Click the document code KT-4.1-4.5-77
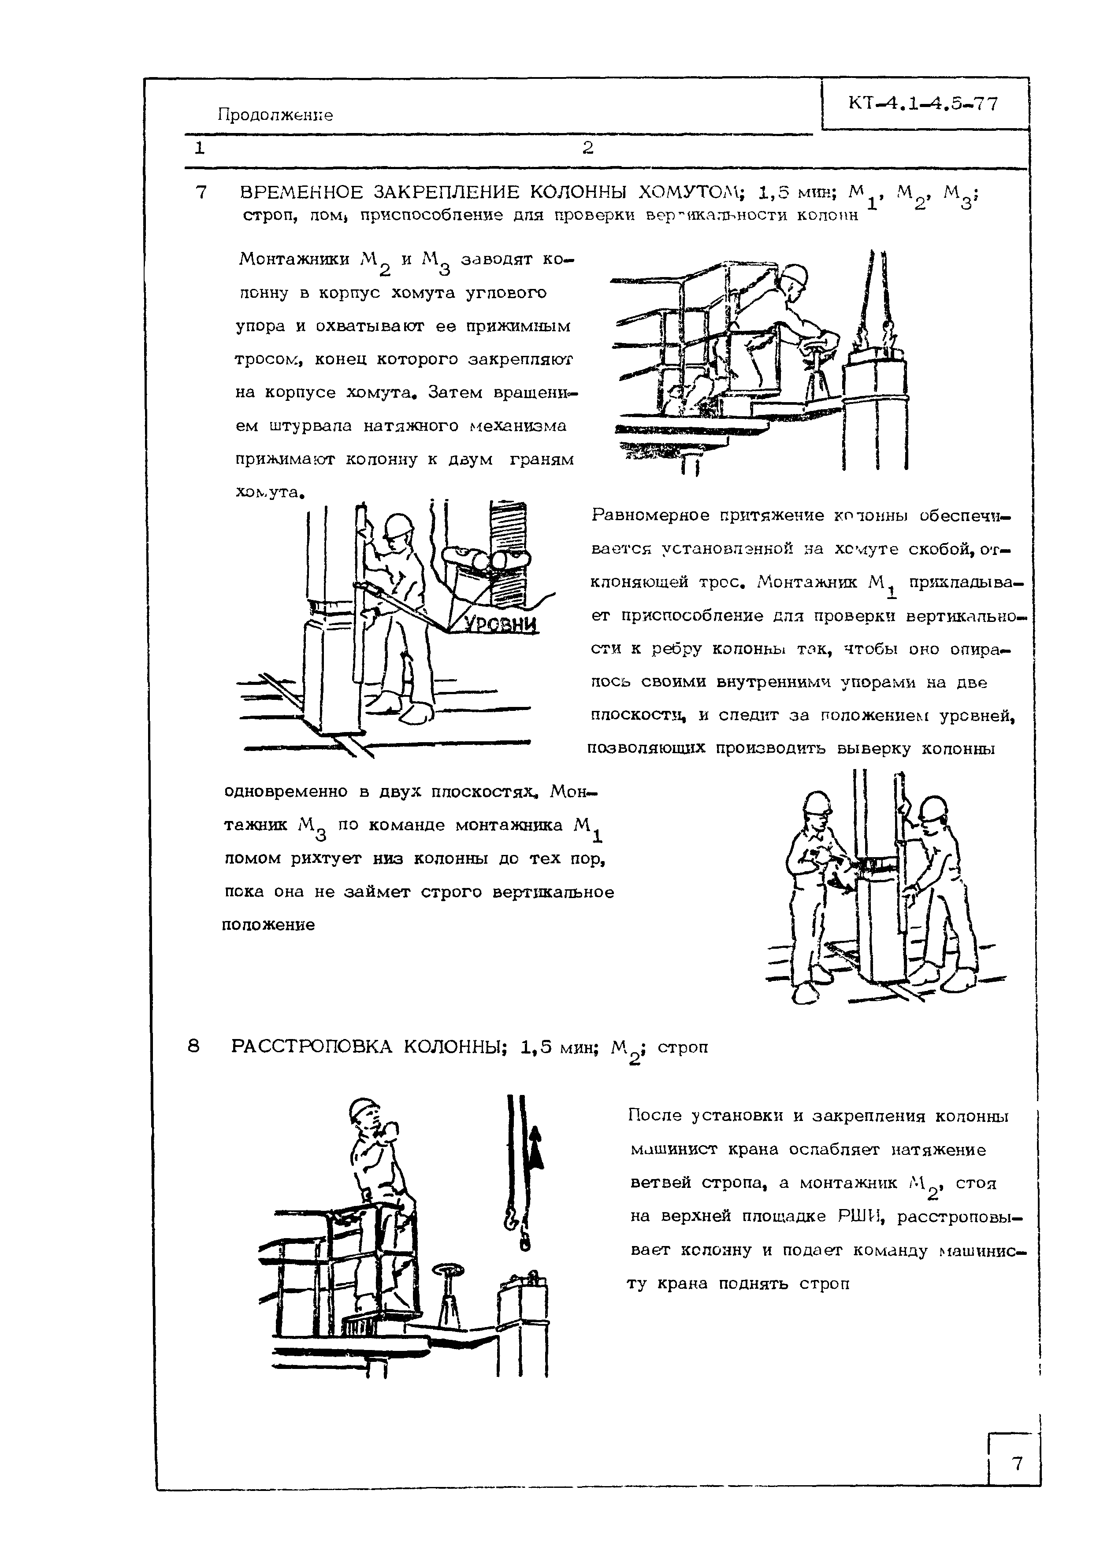pyautogui.click(x=923, y=104)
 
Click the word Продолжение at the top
pyautogui.click(x=275, y=115)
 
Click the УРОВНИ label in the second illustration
pyautogui.click(x=501, y=624)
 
